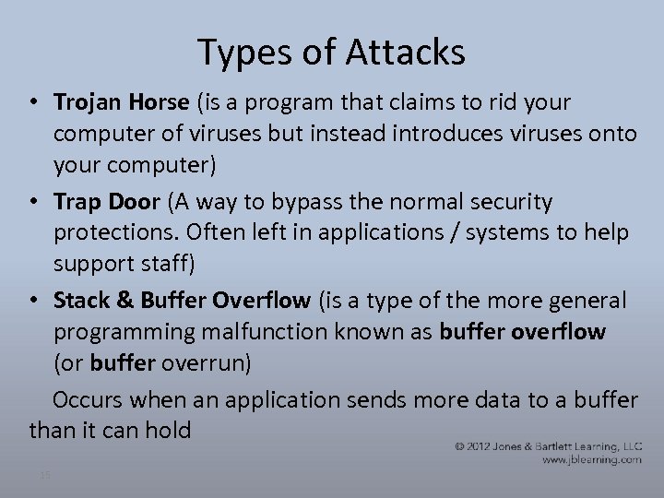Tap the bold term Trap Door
(x=104, y=200)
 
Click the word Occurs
(x=89, y=399)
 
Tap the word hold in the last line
(x=166, y=429)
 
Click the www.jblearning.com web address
(x=592, y=459)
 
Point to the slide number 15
(x=44, y=474)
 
